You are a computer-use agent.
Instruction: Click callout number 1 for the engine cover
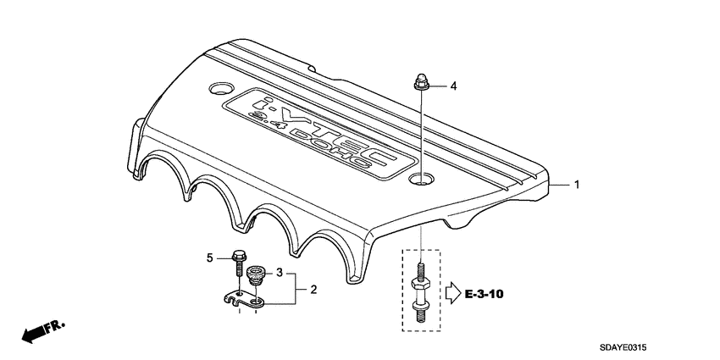coord(578,184)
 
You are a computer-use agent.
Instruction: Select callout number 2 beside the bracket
coord(313,290)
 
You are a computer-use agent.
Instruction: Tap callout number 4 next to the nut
coord(452,86)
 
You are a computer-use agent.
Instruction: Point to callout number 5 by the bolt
coord(210,258)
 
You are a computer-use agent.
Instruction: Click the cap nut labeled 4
coord(420,83)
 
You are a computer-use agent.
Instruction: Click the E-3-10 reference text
coord(484,295)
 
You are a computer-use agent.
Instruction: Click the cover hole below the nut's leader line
coord(421,180)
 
